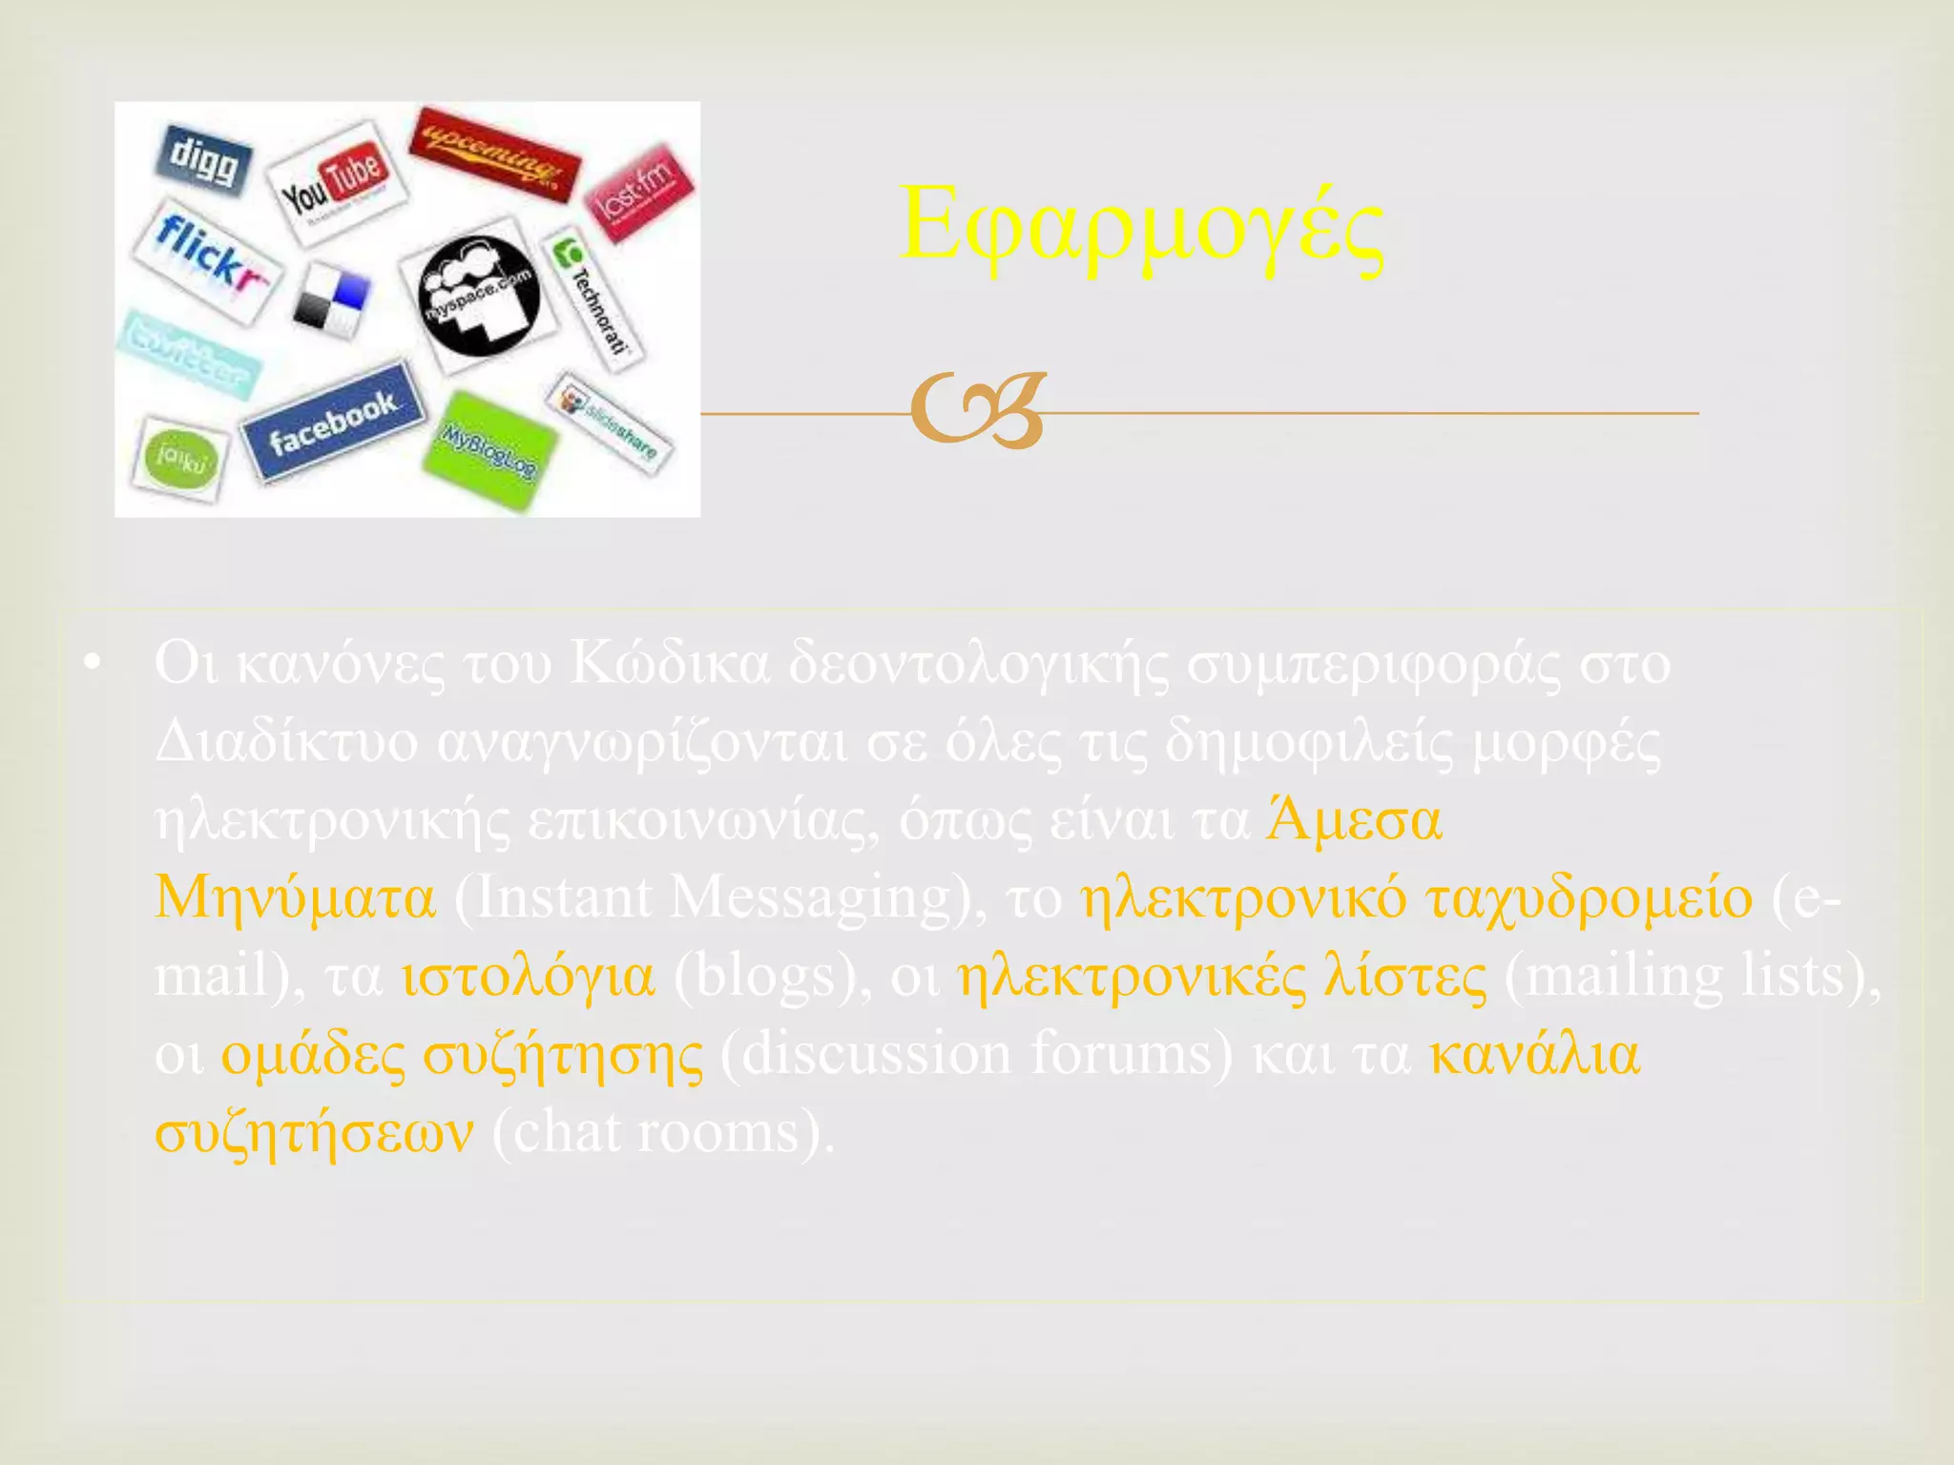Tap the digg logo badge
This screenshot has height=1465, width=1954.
[202, 159]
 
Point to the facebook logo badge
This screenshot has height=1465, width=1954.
[332, 422]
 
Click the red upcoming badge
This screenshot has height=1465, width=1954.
[493, 153]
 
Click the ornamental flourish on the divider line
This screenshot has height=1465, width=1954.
[978, 411]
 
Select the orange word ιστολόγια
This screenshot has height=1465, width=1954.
[528, 977]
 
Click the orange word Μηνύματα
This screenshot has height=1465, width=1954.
[295, 898]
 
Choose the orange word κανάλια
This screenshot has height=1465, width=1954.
[1535, 1055]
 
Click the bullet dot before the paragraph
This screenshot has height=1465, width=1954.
[92, 664]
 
